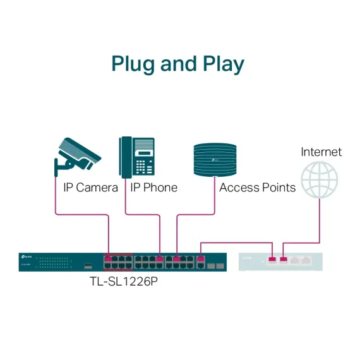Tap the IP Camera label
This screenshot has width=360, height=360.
coord(90,188)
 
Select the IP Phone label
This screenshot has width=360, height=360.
coord(153,188)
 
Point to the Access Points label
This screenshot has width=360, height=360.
coord(257,188)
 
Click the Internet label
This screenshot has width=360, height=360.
coord(321,152)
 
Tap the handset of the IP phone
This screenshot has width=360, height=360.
coord(125,157)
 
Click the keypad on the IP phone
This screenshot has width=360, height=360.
coord(145,167)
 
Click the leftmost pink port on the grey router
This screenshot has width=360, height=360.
coord(272,259)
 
